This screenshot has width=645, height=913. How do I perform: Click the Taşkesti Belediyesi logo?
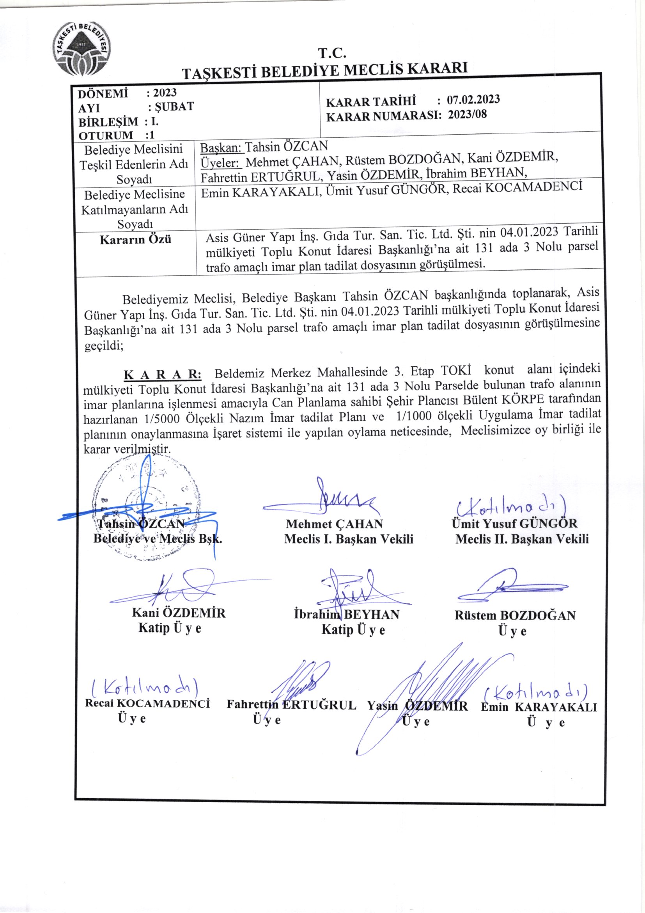point(83,48)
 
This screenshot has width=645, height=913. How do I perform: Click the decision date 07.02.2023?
point(473,100)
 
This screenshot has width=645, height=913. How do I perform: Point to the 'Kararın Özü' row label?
point(135,239)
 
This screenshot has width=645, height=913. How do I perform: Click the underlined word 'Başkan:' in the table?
point(221,148)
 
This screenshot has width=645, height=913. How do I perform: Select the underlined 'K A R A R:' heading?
point(163,374)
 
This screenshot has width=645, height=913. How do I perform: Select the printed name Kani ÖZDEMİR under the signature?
point(178,613)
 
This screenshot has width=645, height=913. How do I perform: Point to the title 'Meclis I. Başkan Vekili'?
point(348,539)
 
